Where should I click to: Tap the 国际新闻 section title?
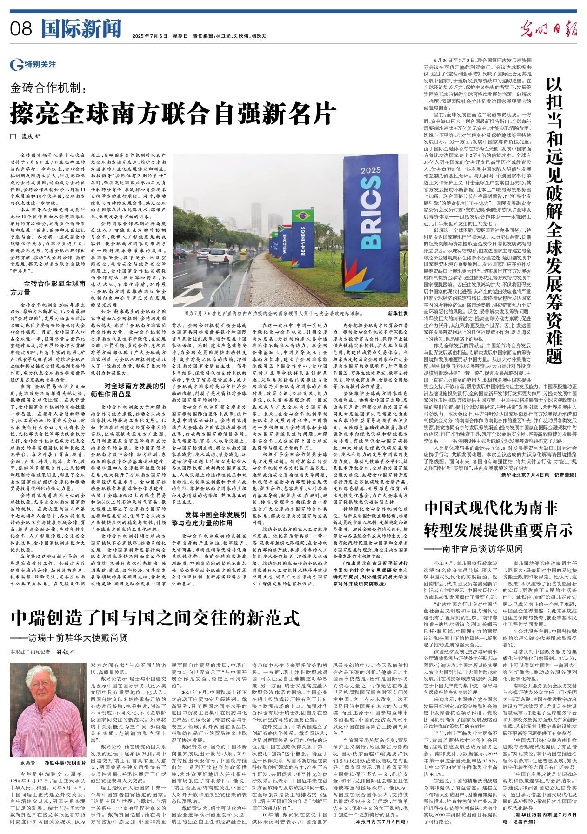(81, 29)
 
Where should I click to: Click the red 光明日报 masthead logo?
(549, 29)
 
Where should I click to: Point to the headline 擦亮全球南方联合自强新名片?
(173, 112)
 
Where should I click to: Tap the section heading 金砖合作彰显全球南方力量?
(48, 287)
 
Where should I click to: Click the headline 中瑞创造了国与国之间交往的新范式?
(155, 618)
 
